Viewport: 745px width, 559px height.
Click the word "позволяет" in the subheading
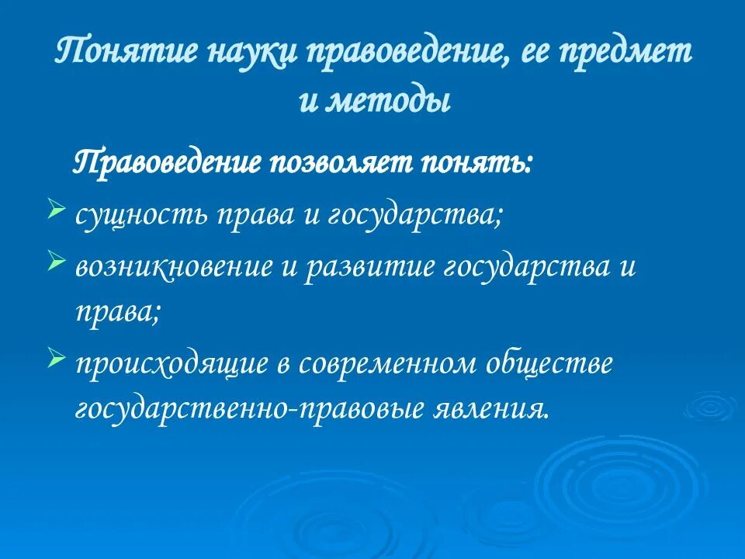(x=342, y=164)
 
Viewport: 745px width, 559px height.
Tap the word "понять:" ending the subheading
(x=476, y=164)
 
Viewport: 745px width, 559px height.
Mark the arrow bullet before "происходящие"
(x=55, y=358)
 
